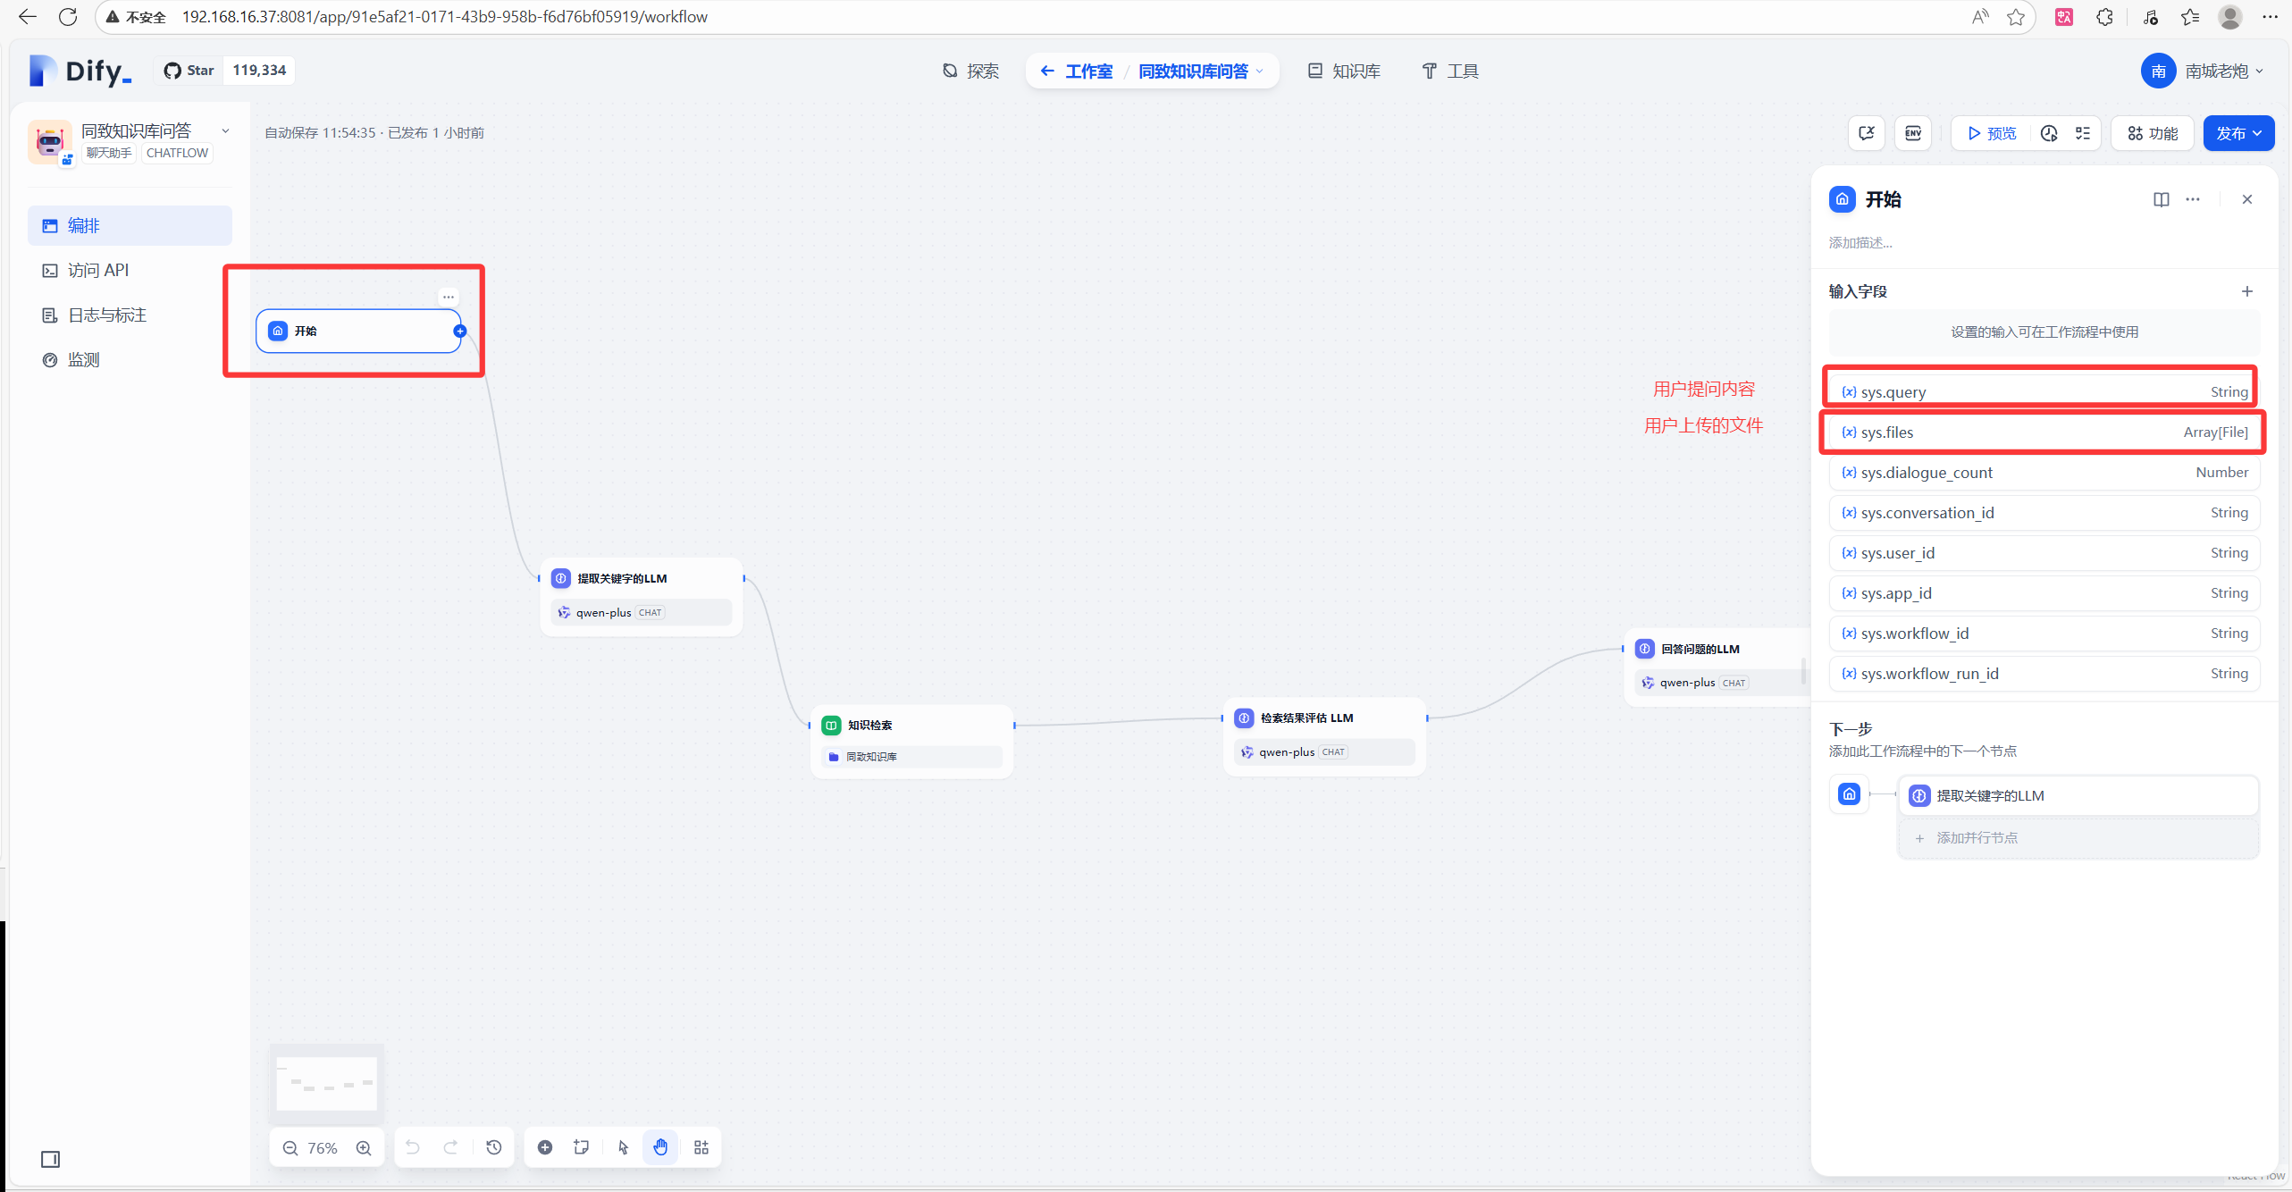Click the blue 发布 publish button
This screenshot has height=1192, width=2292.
tap(2231, 133)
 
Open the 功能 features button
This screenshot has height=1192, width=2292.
tap(2153, 133)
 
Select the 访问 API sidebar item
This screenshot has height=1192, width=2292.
tap(98, 270)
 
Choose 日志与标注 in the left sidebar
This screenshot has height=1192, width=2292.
tap(106, 315)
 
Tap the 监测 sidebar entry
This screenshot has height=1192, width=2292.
tap(83, 359)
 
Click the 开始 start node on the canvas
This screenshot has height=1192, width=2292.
tap(357, 331)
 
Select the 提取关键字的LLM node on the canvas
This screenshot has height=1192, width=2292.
tap(622, 578)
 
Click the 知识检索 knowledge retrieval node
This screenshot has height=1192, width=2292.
tap(869, 725)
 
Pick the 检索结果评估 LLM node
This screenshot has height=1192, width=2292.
tap(1306, 718)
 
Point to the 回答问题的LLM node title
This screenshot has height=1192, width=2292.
tap(1700, 649)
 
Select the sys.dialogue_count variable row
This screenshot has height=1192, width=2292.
tap(2044, 473)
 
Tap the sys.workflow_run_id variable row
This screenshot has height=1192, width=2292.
tap(2044, 674)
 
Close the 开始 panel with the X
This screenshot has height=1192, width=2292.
tap(2246, 199)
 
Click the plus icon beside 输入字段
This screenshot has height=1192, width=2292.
tap(2246, 291)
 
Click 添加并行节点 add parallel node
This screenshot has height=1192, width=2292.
tap(1977, 837)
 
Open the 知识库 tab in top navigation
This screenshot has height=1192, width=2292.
tap(1344, 71)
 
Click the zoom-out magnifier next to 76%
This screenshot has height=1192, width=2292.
tap(290, 1147)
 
